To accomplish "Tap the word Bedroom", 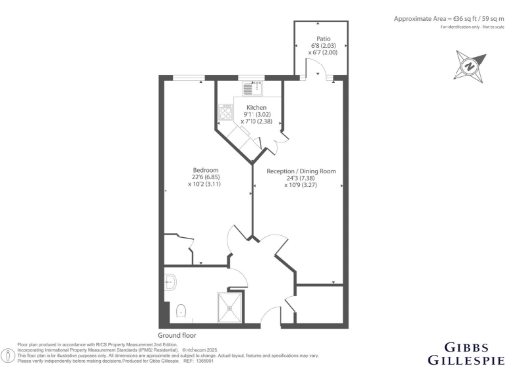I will [205, 170].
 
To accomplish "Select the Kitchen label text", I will [256, 107].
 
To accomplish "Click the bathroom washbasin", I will [170, 279].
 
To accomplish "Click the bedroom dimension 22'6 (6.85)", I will [205, 178].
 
